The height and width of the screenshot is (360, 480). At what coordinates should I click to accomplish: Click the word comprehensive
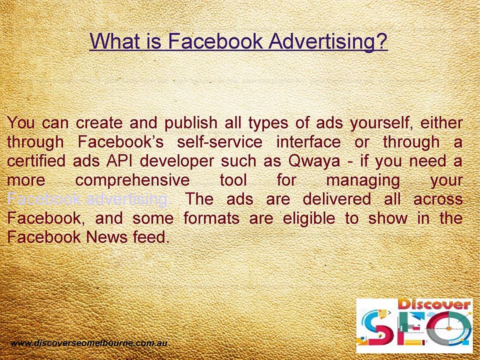point(132,180)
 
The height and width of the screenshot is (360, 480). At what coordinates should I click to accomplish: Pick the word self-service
point(219,142)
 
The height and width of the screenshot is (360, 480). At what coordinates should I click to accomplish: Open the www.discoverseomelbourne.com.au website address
point(88,343)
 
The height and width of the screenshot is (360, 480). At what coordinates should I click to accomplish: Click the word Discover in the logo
point(434,304)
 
